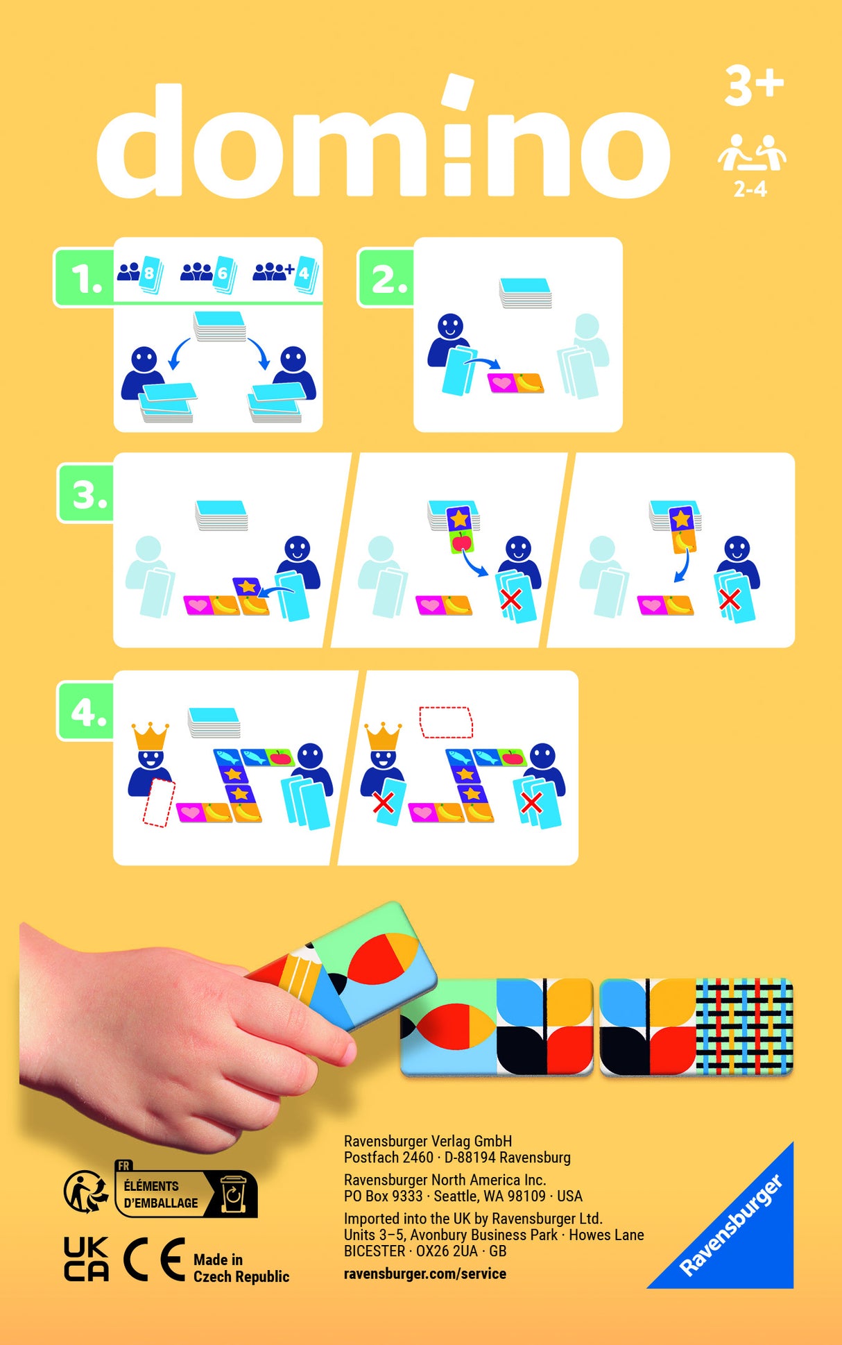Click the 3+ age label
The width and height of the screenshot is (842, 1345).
753,87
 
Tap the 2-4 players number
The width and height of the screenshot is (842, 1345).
750,189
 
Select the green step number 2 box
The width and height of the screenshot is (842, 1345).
387,278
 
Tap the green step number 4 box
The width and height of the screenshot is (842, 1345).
87,711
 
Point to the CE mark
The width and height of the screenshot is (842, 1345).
154,1259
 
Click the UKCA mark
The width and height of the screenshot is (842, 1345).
86,1259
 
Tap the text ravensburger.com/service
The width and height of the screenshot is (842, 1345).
424,1274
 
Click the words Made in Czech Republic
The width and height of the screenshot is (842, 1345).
240,1268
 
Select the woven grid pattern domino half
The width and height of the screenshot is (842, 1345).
744,1025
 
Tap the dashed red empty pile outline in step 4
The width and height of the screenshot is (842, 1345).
445,722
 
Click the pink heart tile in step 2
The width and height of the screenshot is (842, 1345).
501,382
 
